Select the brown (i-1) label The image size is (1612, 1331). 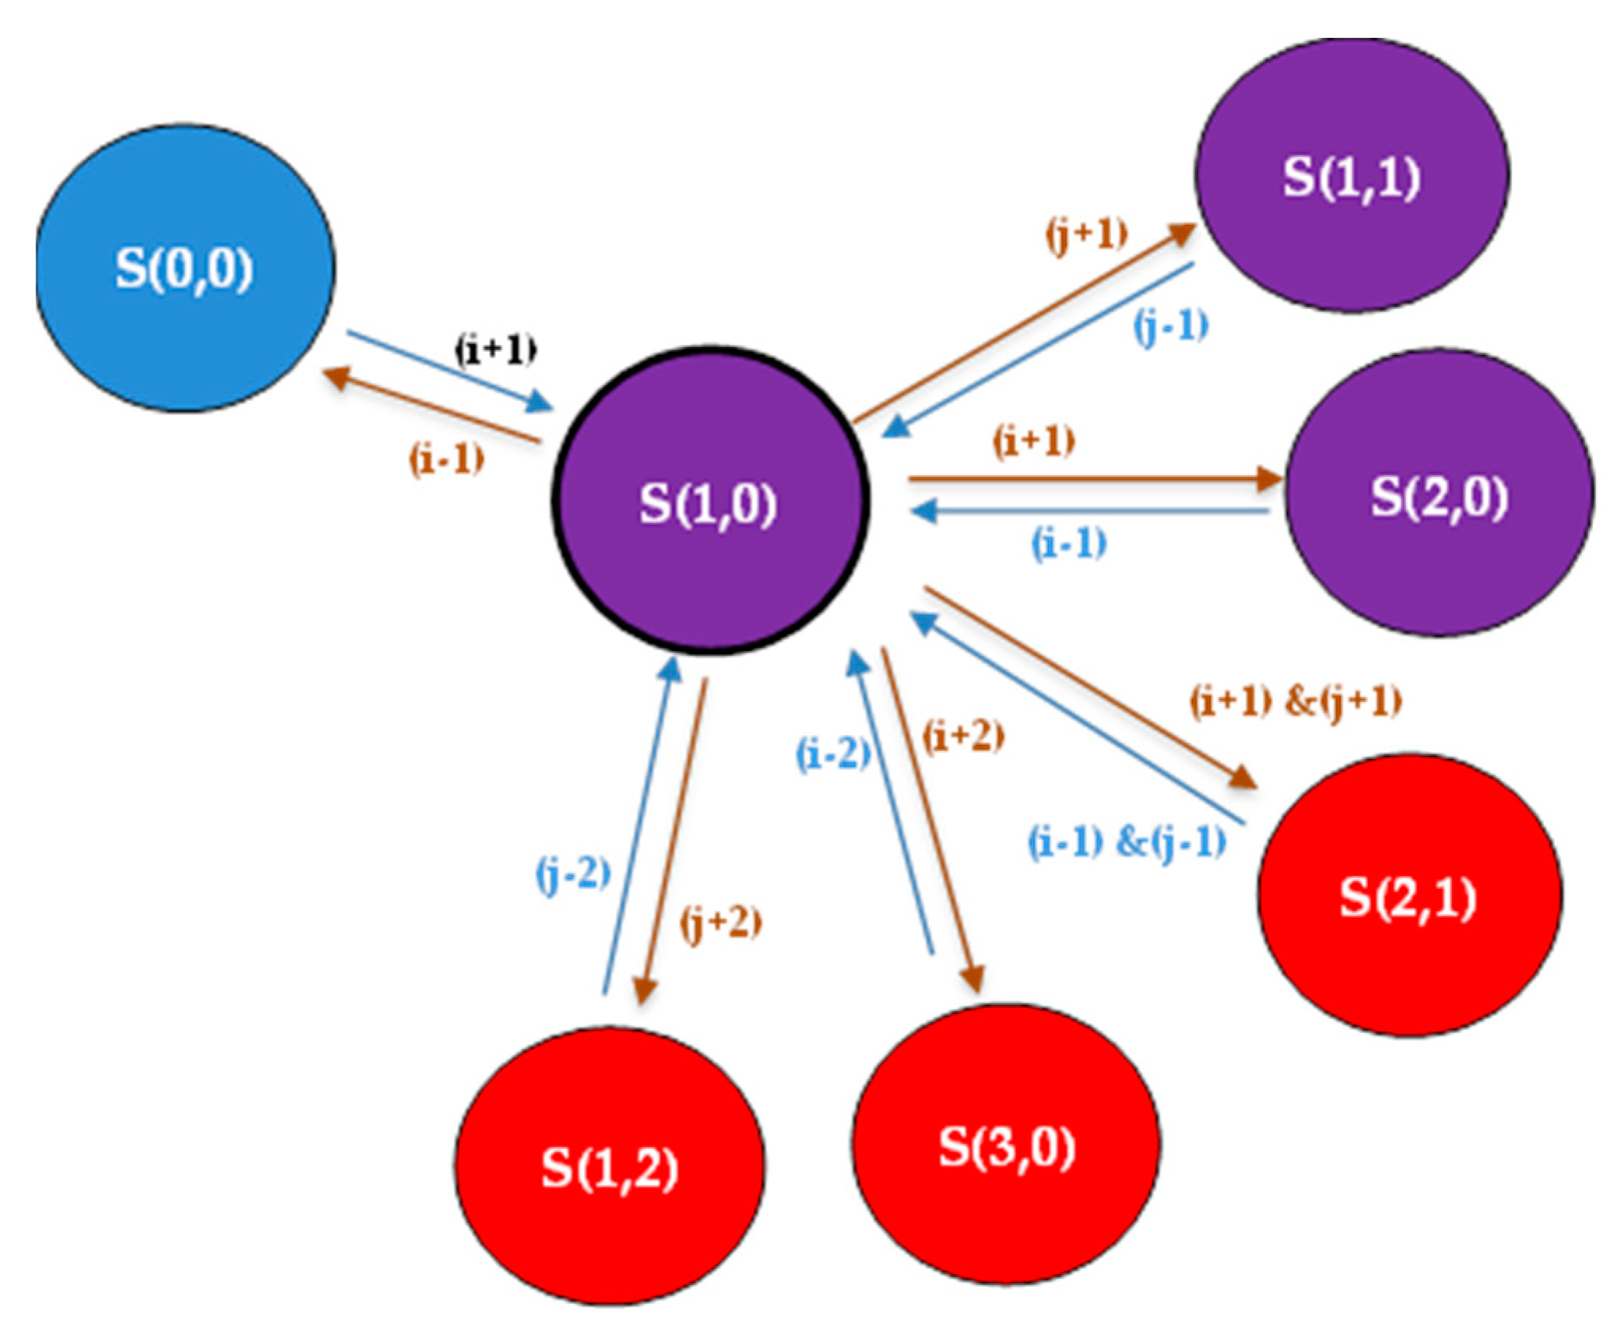(x=446, y=460)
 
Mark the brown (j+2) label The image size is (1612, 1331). (x=720, y=924)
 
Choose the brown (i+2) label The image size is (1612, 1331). (x=963, y=737)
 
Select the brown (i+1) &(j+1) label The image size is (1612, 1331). (x=1296, y=702)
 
